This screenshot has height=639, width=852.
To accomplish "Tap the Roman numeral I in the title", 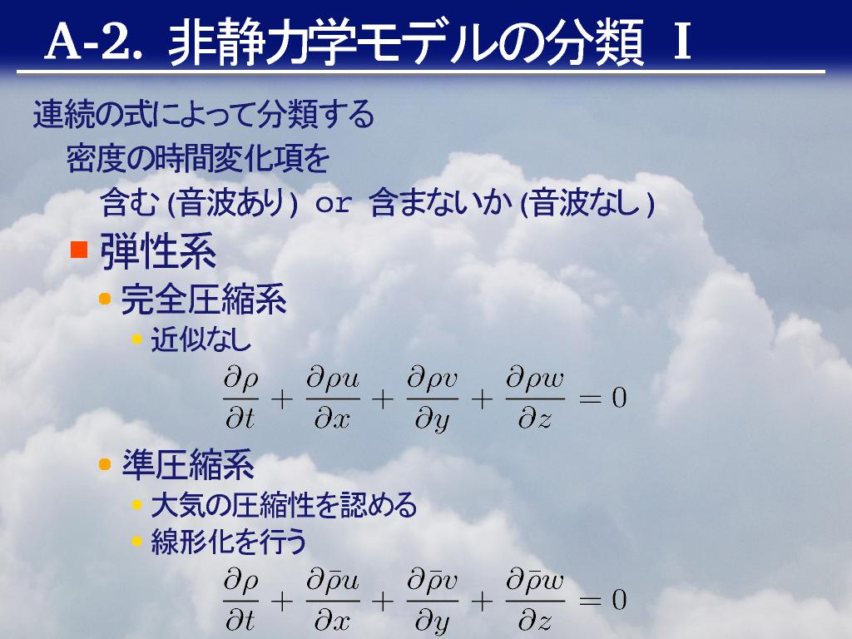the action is tap(681, 42).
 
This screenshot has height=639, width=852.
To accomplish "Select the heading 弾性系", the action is tap(158, 251).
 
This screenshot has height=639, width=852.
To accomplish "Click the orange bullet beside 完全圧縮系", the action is tap(105, 299).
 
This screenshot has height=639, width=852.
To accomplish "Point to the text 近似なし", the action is tap(201, 339).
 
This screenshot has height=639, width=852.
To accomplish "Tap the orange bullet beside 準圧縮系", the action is tap(105, 464).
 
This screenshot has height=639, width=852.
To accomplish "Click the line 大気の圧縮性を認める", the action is tap(284, 505).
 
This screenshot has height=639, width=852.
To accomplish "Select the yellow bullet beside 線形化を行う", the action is tap(137, 541).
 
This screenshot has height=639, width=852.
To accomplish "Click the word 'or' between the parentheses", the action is tap(333, 204).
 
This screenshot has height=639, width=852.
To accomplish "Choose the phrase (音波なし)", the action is tap(587, 203).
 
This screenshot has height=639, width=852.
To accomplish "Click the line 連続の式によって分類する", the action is tap(204, 114).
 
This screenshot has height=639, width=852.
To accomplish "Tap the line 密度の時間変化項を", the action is tap(198, 159).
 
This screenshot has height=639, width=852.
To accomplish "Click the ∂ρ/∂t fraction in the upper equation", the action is tap(240, 399).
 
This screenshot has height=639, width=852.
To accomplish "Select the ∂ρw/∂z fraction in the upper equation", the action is tap(535, 399).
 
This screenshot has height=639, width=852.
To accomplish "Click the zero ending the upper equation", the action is tap(619, 399).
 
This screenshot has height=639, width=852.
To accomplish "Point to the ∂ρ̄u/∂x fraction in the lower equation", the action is tap(333, 601).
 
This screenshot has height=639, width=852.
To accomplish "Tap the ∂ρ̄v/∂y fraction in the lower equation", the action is tap(432, 602).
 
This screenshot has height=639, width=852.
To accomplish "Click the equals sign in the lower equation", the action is tap(590, 601).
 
